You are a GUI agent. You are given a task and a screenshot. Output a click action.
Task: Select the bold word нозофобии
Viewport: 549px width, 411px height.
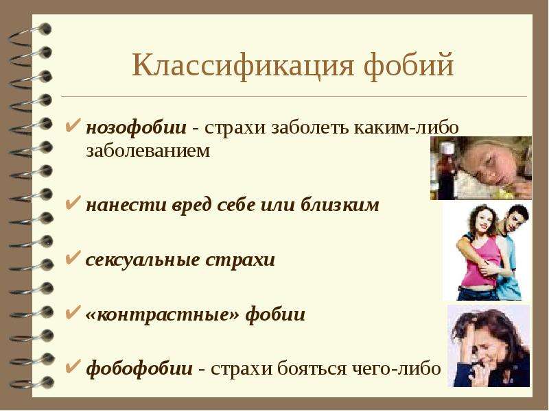(x=136, y=128)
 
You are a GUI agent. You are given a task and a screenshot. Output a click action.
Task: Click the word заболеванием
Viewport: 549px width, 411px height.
(x=148, y=151)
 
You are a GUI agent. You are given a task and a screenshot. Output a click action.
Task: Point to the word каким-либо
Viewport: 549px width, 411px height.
(x=406, y=127)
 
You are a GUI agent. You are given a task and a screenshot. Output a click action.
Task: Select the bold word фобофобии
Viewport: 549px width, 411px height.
(x=139, y=369)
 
